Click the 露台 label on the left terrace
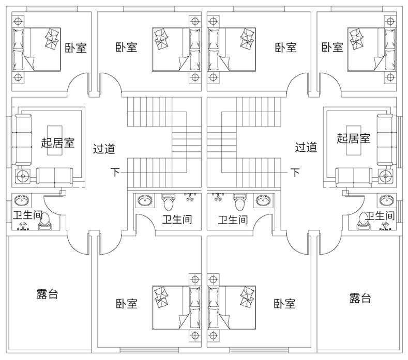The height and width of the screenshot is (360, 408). (x=47, y=294)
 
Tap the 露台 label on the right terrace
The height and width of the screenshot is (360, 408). (x=359, y=298)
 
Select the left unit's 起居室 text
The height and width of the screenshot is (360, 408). (x=57, y=142)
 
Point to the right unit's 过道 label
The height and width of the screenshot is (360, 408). (x=306, y=148)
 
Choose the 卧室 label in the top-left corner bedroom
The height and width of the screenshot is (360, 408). (x=75, y=48)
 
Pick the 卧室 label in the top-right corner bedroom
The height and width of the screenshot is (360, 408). (x=332, y=48)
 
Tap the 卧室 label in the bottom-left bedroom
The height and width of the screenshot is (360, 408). (x=127, y=303)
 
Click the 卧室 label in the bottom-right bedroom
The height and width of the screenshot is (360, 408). (x=285, y=303)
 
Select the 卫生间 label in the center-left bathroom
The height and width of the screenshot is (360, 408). (x=177, y=220)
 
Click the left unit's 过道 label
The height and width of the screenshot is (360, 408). (x=104, y=149)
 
